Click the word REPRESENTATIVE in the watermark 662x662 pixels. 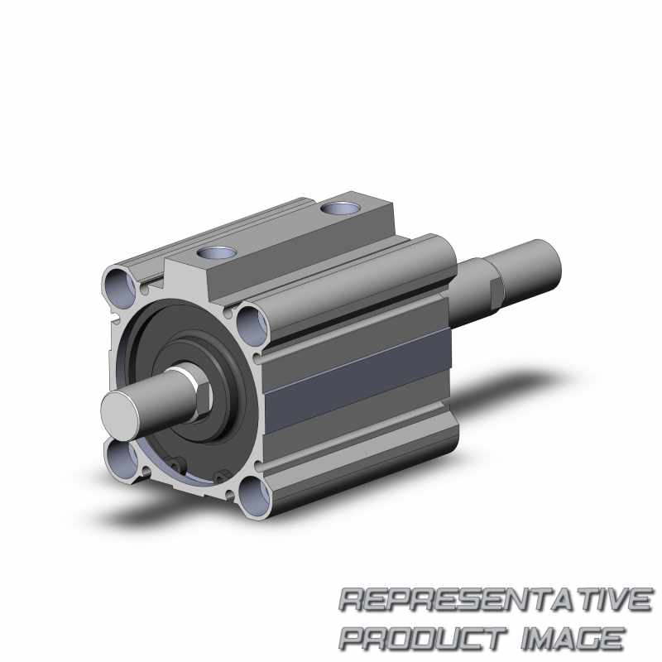(x=496, y=599)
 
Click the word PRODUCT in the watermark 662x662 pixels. (x=424, y=638)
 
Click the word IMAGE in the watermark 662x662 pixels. (x=572, y=638)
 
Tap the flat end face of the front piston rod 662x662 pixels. (x=120, y=410)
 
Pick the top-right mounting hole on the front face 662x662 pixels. (x=252, y=325)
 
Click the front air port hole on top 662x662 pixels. (x=217, y=253)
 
